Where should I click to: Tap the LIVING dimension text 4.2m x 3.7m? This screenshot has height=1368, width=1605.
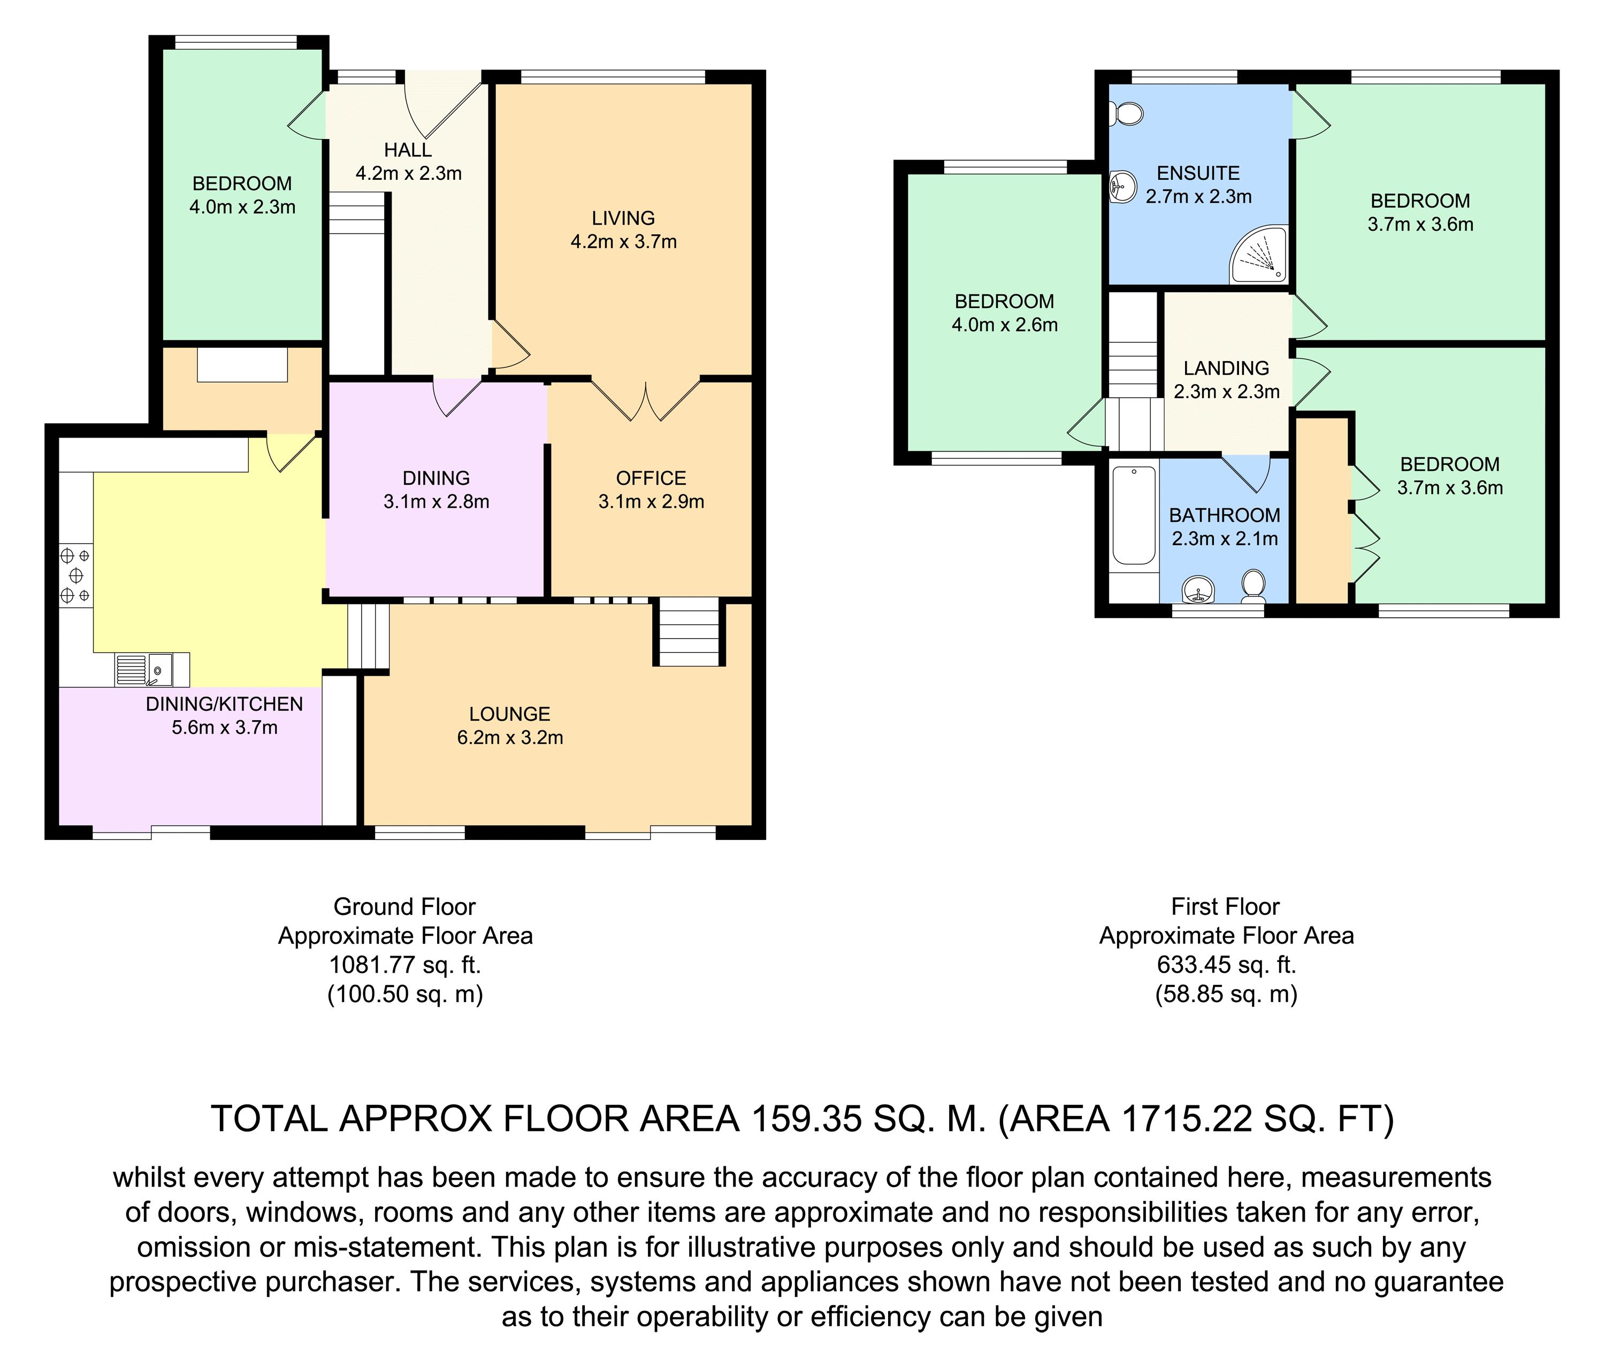point(624,242)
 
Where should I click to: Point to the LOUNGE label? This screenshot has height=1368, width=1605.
point(510,714)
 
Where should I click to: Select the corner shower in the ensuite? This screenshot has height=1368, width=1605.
point(1259,254)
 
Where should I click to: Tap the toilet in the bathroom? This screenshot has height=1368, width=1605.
point(1252,588)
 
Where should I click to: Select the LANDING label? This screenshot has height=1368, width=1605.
point(1226,368)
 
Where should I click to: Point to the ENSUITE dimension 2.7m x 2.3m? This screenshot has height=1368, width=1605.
point(1198,197)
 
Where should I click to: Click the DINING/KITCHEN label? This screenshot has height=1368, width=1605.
point(225,704)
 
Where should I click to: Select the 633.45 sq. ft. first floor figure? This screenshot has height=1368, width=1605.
point(1226,965)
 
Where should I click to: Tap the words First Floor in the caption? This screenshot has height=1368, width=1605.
point(1226,906)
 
